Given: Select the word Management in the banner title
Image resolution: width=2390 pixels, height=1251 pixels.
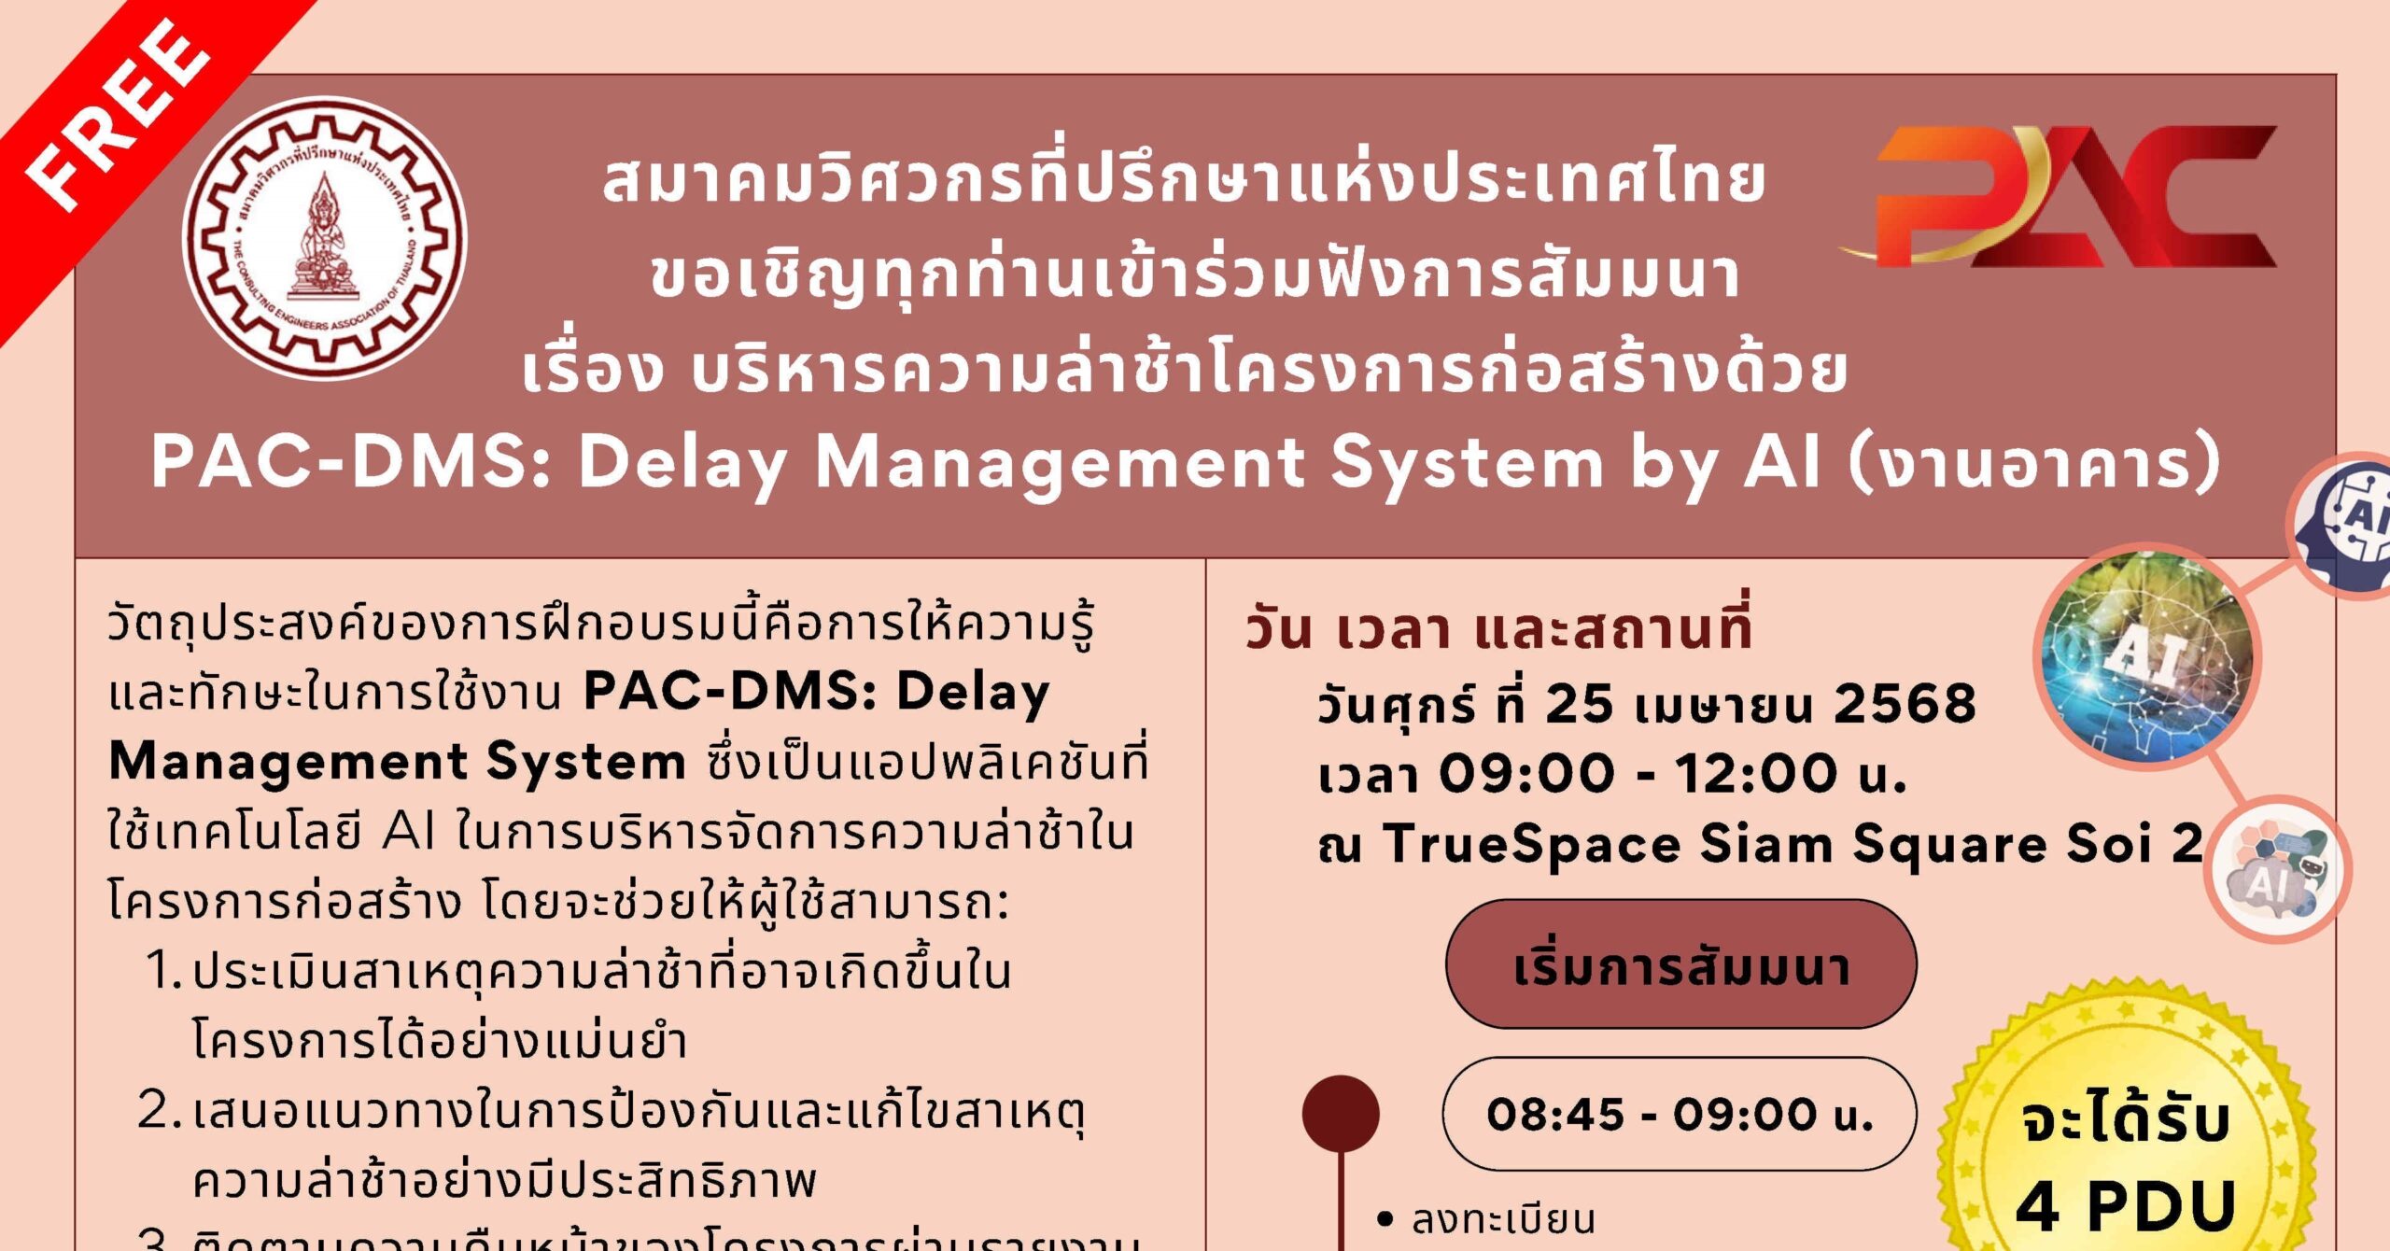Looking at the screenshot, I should pos(1061,462).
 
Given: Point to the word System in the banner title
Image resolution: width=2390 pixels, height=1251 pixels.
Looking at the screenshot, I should pos(1467,462).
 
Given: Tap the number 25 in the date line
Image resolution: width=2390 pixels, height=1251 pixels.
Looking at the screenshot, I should pos(1579,703).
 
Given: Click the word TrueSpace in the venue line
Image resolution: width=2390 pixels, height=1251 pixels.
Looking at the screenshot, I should pos(1532,844).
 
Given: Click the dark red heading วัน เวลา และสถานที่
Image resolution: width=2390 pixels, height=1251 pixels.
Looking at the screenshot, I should pos(1497,627).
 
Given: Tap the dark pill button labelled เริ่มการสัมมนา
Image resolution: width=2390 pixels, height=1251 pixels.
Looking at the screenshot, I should pos(1680,965).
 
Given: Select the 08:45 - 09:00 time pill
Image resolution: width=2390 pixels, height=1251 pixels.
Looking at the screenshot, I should pos(1679,1114).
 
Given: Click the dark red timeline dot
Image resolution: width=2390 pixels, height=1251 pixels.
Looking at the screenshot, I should pos(1341,1114).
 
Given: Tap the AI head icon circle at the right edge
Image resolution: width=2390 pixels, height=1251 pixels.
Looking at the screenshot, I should pos(2353,523).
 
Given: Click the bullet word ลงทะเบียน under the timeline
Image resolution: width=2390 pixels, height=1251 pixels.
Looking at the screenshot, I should pos(1503,1219).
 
